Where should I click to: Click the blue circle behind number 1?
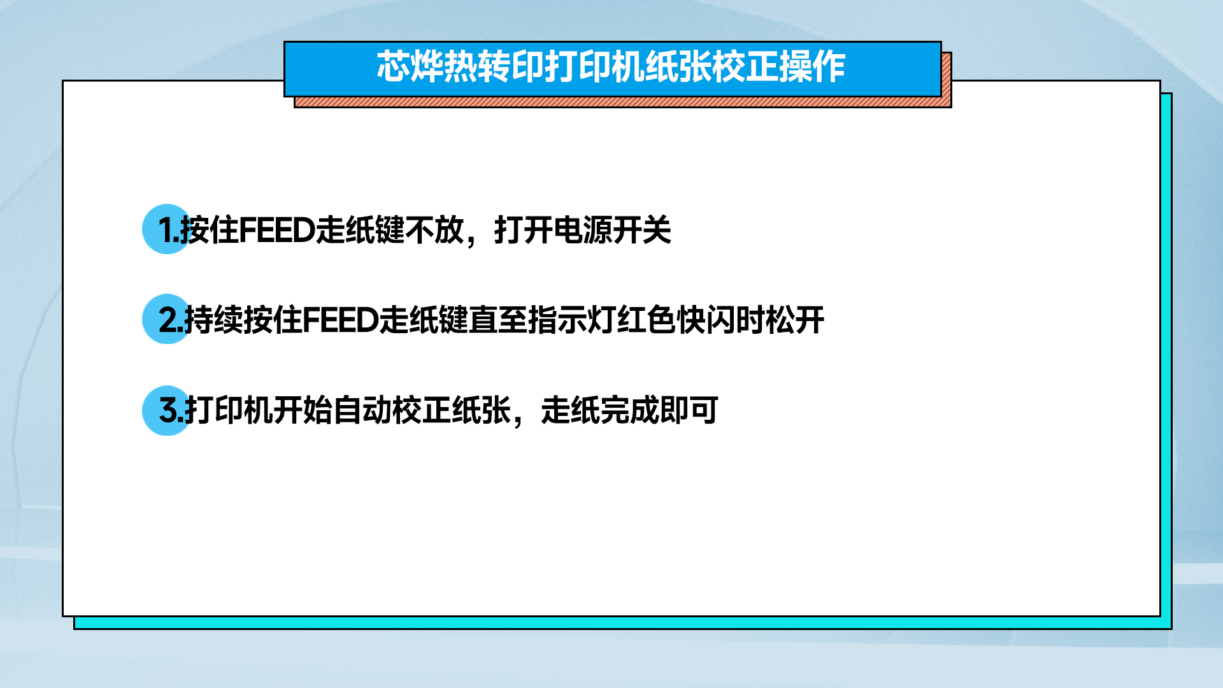(x=167, y=229)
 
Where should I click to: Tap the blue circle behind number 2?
(x=167, y=319)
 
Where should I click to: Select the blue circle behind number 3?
(x=167, y=410)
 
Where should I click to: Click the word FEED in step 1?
(x=277, y=230)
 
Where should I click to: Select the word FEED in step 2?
(x=341, y=320)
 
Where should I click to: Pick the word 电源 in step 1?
(x=583, y=230)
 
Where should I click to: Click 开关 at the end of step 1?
(x=642, y=230)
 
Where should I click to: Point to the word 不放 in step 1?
(x=434, y=230)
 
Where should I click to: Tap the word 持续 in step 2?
(x=213, y=320)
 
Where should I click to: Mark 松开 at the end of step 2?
(x=795, y=320)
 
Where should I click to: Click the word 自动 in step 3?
(x=362, y=410)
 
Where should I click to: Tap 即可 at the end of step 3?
(x=689, y=410)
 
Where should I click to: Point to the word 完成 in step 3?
(x=630, y=410)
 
